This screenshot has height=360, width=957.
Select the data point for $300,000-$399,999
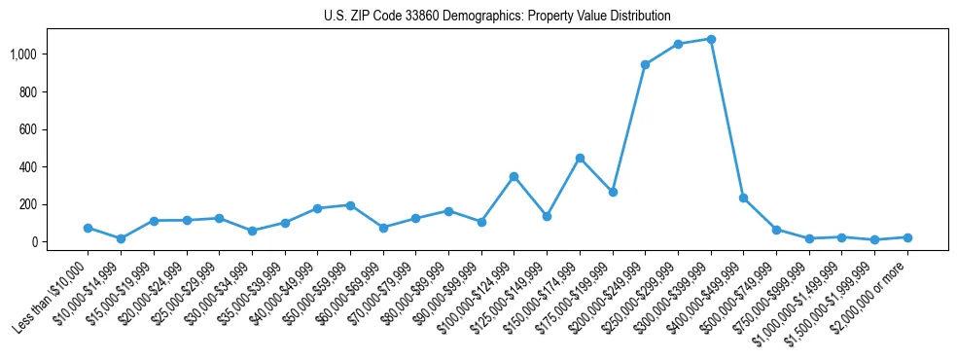[711, 39]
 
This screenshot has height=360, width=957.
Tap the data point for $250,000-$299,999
[678, 44]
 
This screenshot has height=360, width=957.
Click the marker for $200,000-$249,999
[645, 64]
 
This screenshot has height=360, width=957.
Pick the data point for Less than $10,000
[88, 228]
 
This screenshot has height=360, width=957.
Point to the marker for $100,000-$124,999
[514, 176]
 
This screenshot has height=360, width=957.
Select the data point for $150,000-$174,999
[580, 158]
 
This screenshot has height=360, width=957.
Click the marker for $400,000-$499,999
[743, 198]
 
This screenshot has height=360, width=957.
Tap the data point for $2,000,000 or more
[907, 237]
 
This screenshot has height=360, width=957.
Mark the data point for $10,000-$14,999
[121, 238]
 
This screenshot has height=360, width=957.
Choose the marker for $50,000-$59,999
[350, 205]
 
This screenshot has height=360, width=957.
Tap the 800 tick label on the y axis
[42, 91]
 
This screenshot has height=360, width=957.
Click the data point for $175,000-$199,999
[612, 192]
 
